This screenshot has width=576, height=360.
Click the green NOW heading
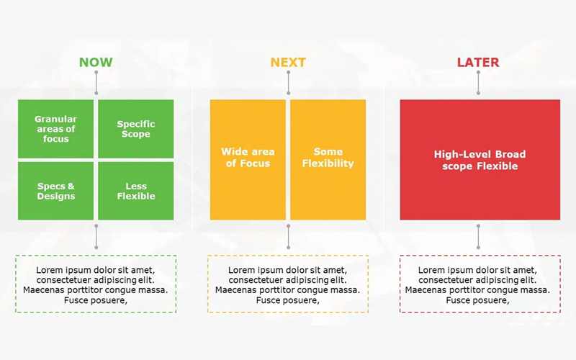[96, 62]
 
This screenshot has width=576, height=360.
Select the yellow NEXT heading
[288, 62]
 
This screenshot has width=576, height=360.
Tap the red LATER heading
[478, 62]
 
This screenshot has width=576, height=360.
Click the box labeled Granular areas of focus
[56, 129]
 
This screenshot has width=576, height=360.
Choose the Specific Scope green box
[136, 129]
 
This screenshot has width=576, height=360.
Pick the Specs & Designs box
[56, 191]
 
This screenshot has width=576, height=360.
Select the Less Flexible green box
[136, 191]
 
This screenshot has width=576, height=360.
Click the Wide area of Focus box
[248, 160]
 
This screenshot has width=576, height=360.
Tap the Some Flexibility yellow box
[328, 160]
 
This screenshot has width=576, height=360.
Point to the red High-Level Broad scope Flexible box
[480, 160]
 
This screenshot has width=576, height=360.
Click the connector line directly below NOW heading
[96, 83]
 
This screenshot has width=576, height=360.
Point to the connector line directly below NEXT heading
[289, 83]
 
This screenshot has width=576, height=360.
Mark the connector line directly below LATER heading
[478, 83]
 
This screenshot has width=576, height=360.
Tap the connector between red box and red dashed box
[478, 237]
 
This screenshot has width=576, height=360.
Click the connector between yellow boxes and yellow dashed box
[289, 237]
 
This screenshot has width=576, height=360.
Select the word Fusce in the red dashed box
[457, 300]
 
